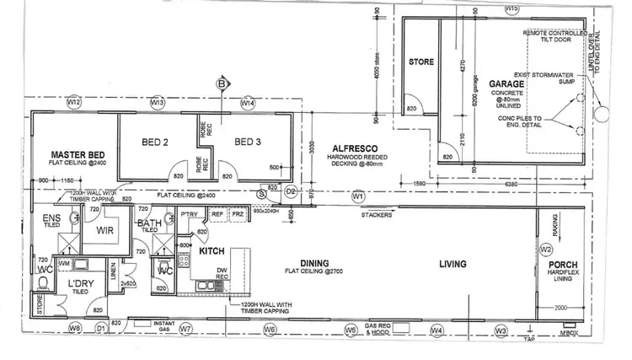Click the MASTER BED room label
78,154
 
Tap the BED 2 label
154,142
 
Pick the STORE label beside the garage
420,62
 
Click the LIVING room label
452,265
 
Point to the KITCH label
212,251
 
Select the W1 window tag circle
357,196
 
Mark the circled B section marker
222,83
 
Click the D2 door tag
291,192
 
